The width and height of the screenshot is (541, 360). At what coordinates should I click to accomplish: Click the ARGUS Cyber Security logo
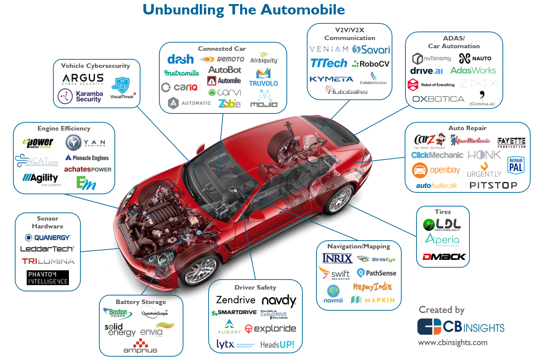tap(83, 79)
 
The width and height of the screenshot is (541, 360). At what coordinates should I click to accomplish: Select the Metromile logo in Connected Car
tap(182, 73)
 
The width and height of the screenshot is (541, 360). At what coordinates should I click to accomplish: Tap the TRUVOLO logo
tap(263, 79)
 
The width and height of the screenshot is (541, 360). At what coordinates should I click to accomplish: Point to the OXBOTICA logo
tap(438, 99)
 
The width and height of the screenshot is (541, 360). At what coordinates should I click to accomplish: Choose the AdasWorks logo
tap(473, 70)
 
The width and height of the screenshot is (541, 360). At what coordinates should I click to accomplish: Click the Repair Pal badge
tap(515, 165)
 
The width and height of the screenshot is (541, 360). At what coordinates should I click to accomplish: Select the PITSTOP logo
tap(493, 185)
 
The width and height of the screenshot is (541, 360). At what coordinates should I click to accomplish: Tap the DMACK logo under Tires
tap(444, 257)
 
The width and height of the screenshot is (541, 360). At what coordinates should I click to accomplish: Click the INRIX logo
tap(337, 258)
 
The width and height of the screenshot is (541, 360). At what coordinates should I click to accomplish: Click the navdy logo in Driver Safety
tap(279, 301)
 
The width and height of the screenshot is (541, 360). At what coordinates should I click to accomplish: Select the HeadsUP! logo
tap(277, 345)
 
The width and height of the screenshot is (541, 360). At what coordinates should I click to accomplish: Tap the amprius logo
tap(140, 347)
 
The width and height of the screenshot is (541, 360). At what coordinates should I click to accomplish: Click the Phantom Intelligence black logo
tap(48, 278)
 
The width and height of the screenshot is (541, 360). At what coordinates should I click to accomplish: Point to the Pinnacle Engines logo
tap(87, 158)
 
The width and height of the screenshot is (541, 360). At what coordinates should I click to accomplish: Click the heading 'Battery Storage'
tap(141, 302)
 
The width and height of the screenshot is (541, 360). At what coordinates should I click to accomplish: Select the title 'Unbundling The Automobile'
tap(244, 10)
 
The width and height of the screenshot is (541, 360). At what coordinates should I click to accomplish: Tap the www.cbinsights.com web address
tap(452, 343)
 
